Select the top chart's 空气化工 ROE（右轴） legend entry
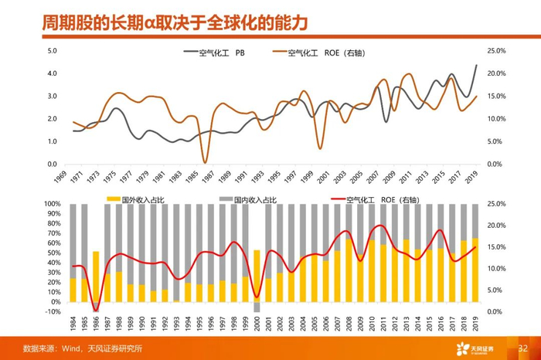(x=325, y=53)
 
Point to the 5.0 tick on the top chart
(x=53, y=51)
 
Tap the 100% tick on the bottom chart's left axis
(x=53, y=204)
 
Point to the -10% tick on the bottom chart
(x=53, y=311)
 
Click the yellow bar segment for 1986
(x=96, y=276)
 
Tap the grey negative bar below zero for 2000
(x=257, y=307)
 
